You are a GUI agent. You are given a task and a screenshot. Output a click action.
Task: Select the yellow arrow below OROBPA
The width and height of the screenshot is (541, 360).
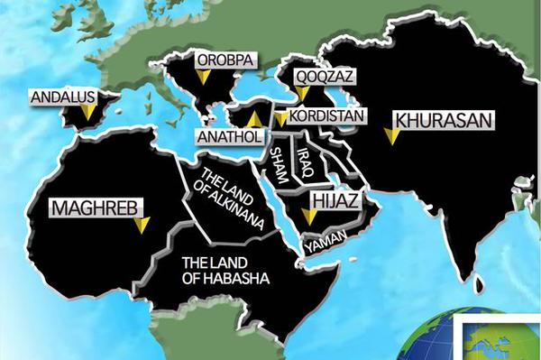204,78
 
